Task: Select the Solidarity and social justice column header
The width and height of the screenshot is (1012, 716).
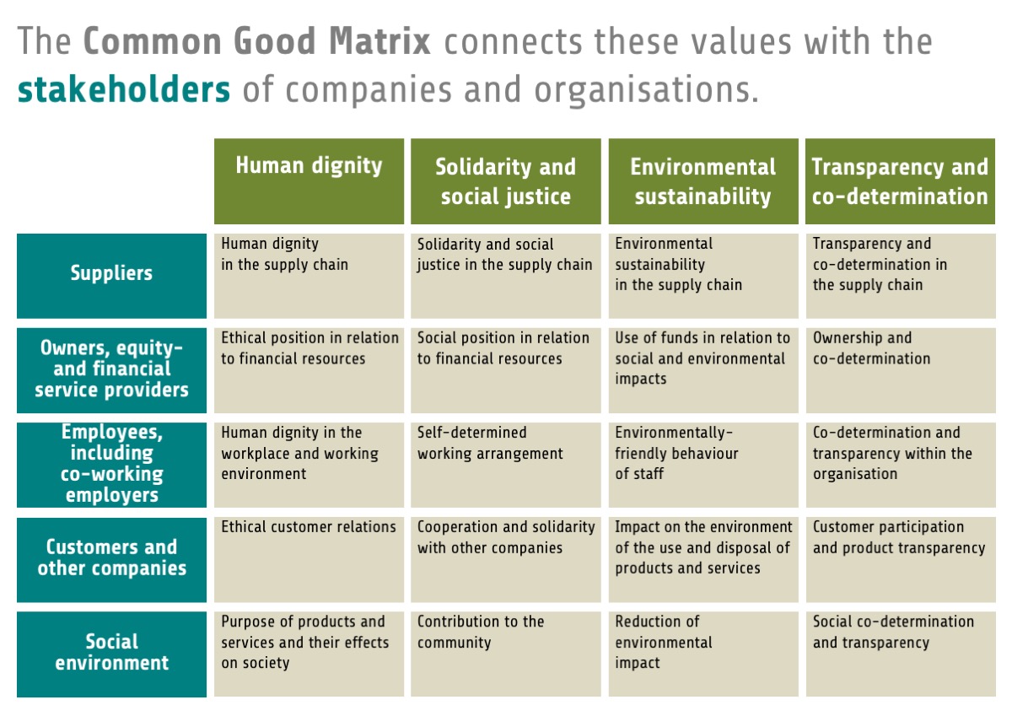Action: pos(505,181)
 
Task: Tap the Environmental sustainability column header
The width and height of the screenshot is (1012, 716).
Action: pos(702,181)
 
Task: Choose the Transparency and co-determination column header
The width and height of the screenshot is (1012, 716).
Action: pos(899,181)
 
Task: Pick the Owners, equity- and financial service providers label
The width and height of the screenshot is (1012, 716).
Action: pos(111,369)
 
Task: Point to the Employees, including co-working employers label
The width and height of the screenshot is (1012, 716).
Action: pos(111,463)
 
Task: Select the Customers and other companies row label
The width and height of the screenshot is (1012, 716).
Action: pos(111,557)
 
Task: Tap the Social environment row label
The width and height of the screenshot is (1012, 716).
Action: pos(111,652)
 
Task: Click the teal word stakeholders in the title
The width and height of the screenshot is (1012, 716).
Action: pos(124,89)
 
